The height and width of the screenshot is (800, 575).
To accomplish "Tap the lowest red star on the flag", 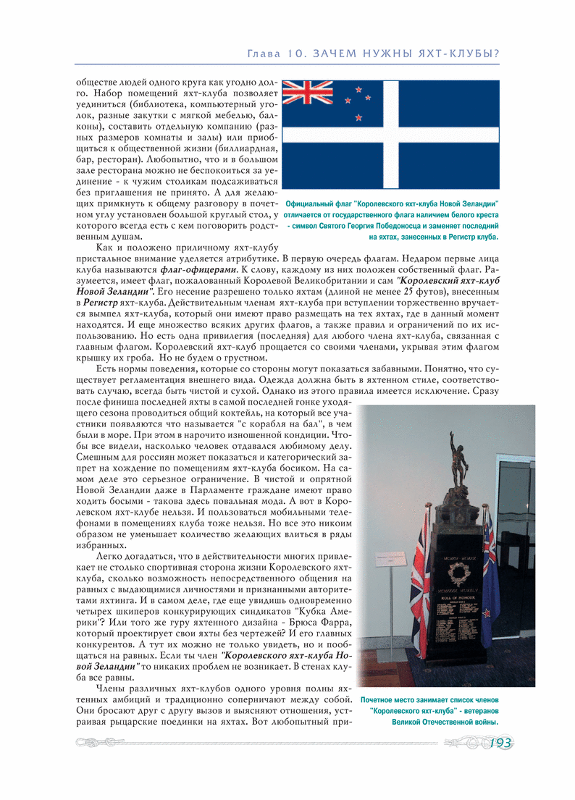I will point(358,117).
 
